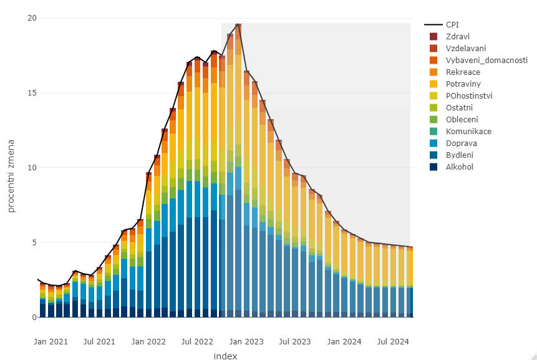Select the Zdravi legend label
pyautogui.click(x=458, y=36)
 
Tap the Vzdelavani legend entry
pyautogui.click(x=466, y=48)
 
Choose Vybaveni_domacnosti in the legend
pyautogui.click(x=486, y=60)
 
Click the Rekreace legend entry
pyautogui.click(x=463, y=72)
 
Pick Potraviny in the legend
pyautogui.click(x=463, y=84)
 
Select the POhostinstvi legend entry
pyautogui.click(x=469, y=95)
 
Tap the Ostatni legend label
pyautogui.click(x=459, y=107)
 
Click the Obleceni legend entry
pyautogui.click(x=462, y=119)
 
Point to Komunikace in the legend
pyautogui.click(x=468, y=131)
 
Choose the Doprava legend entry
pyautogui.click(x=461, y=143)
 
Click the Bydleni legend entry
pyautogui.click(x=460, y=155)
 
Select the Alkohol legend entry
pyautogui.click(x=460, y=167)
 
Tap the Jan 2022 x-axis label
pyautogui.click(x=148, y=341)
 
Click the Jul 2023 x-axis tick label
pyautogui.click(x=294, y=341)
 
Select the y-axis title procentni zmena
pyautogui.click(x=12, y=168)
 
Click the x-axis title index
pyautogui.click(x=225, y=356)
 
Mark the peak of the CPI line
pyautogui.click(x=238, y=24)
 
